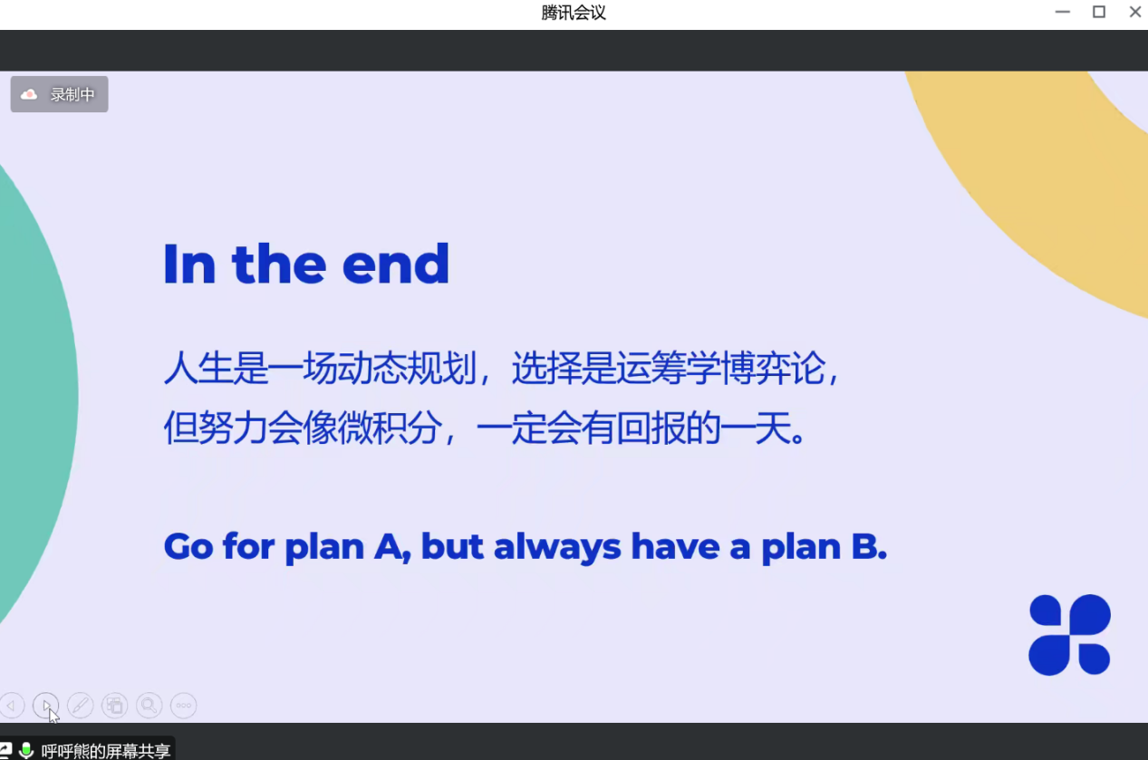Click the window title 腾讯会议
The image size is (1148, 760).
[x=574, y=13]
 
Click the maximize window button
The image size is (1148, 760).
[x=1099, y=12]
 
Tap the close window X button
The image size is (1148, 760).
[x=1135, y=12]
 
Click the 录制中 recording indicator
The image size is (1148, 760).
[x=60, y=94]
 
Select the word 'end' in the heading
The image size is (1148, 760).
[x=396, y=265]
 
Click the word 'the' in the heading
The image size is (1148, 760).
[x=279, y=265]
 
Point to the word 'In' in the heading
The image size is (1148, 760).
[x=189, y=265]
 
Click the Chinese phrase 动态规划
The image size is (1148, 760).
[x=407, y=368]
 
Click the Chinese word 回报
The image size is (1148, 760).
[x=651, y=428]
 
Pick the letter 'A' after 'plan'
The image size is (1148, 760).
[x=389, y=546]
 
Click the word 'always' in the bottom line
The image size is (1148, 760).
[x=557, y=547]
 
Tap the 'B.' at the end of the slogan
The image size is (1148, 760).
[x=869, y=546]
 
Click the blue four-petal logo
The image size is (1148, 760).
[x=1069, y=635]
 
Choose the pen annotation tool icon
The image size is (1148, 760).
[x=81, y=706]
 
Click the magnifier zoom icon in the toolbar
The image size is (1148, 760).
[x=150, y=706]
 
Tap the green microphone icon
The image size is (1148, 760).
[x=26, y=751]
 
